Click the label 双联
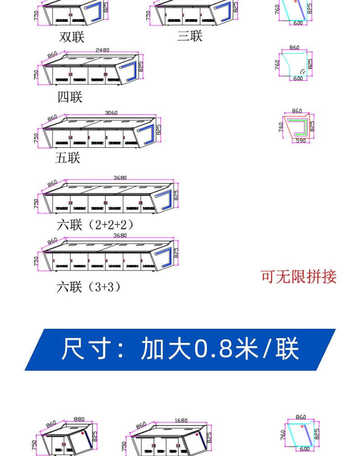click(x=72, y=36)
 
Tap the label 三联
click(x=190, y=36)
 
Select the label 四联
click(x=70, y=97)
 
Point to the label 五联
click(x=67, y=158)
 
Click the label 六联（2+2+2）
click(x=95, y=225)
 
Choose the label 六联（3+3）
click(x=88, y=287)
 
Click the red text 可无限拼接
click(x=298, y=276)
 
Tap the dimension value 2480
click(x=102, y=50)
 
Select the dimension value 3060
click(x=111, y=113)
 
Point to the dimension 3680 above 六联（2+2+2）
click(x=120, y=178)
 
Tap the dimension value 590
click(x=301, y=141)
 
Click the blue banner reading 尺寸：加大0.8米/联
click(x=180, y=349)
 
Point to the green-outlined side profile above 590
click(x=298, y=127)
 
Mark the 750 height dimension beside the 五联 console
click(x=36, y=138)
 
